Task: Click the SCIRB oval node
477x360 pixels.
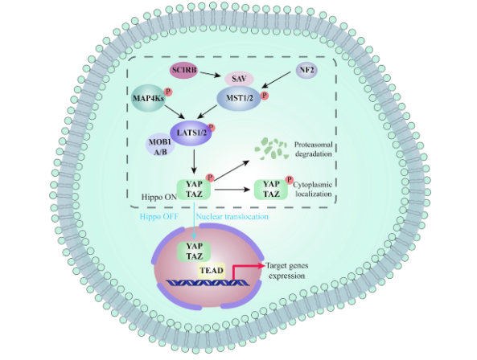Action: [x=183, y=70]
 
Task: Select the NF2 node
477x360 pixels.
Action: [x=306, y=70]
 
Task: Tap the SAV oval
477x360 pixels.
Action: [x=239, y=79]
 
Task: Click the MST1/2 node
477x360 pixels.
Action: [x=239, y=98]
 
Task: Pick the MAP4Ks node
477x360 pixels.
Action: [x=149, y=98]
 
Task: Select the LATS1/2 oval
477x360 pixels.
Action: [x=191, y=133]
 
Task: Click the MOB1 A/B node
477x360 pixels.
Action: [x=160, y=146]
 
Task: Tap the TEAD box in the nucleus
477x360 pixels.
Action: [x=212, y=270]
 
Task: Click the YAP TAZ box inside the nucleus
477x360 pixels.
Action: [x=194, y=252]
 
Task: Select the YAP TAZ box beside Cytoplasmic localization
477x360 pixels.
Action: [x=271, y=190]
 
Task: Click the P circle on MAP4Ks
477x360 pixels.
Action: [x=168, y=92]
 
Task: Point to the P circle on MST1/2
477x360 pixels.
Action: [x=265, y=96]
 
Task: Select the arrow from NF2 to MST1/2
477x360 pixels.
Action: [x=276, y=80]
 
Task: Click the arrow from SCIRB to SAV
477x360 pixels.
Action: [x=210, y=75]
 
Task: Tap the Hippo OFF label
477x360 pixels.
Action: [x=158, y=217]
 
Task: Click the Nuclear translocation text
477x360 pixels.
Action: [x=232, y=217]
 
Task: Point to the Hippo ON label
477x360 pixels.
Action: [x=158, y=197]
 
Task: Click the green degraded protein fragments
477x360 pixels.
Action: [x=271, y=149]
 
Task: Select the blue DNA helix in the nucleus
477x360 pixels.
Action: [x=208, y=283]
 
